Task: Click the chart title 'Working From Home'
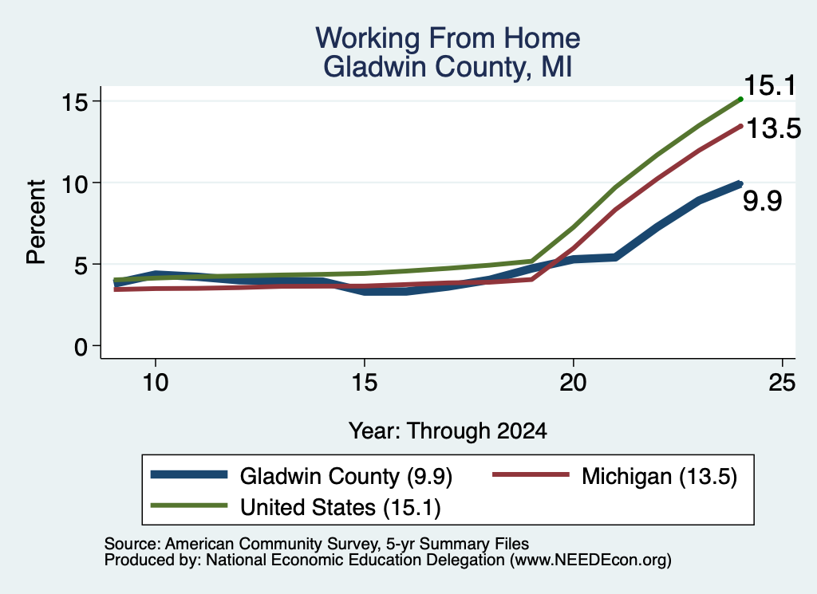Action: [x=448, y=38]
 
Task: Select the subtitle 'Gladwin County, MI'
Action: [x=448, y=67]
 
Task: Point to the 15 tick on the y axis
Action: [x=75, y=101]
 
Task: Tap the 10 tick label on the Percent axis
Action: [x=75, y=183]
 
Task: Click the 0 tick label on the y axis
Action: [x=81, y=347]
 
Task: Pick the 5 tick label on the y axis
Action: [x=81, y=265]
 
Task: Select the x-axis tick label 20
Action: [x=573, y=383]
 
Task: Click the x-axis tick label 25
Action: [x=782, y=383]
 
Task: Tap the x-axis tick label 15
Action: [x=364, y=383]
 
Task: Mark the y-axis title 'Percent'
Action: [x=36, y=222]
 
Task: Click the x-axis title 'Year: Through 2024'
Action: [x=448, y=431]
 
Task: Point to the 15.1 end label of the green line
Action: [x=770, y=86]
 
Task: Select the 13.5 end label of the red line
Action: [x=773, y=128]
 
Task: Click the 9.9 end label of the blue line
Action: [x=762, y=201]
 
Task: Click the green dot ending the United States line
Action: [x=740, y=99]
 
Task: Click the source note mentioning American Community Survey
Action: [x=316, y=544]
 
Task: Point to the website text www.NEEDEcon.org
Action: [x=590, y=561]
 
